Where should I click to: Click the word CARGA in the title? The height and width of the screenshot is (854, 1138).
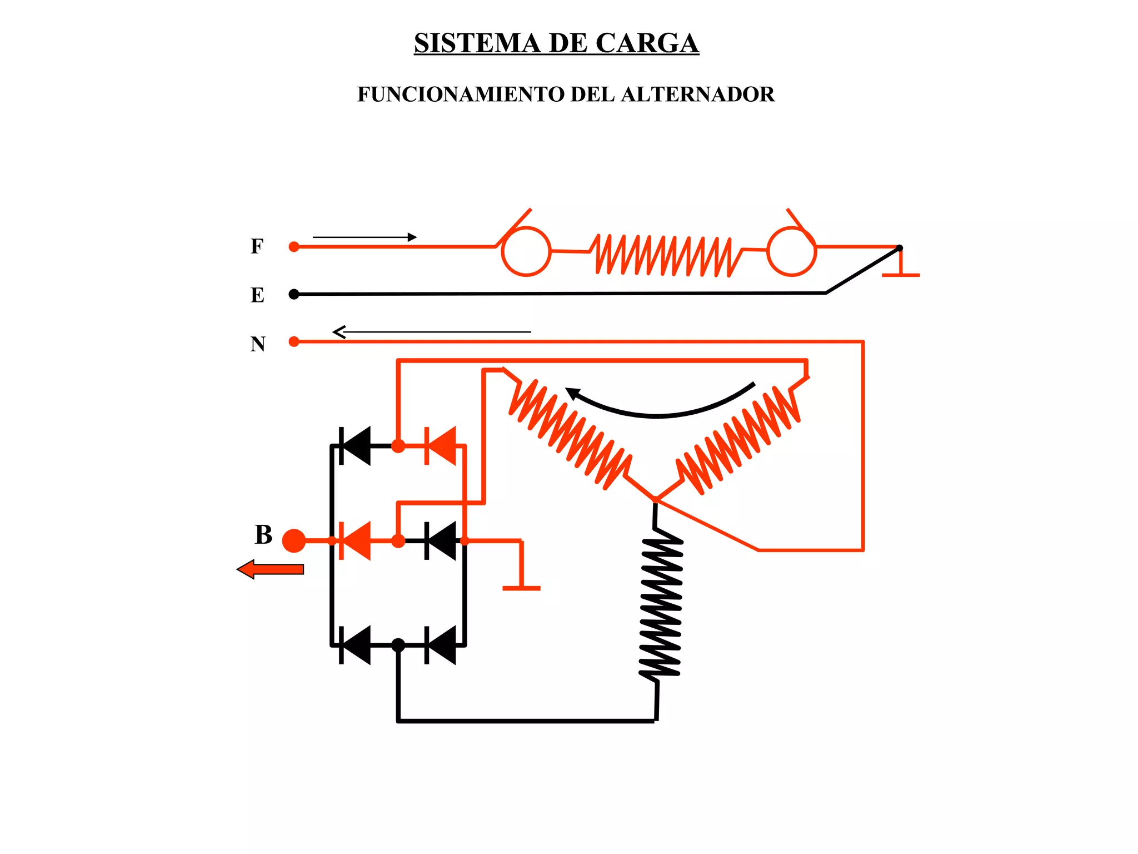pyautogui.click(x=647, y=43)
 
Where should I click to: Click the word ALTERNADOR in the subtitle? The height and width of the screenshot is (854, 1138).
pyautogui.click(x=697, y=95)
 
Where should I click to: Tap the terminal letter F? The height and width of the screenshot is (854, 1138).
pyautogui.click(x=256, y=246)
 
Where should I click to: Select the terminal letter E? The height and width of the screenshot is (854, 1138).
pyautogui.click(x=257, y=295)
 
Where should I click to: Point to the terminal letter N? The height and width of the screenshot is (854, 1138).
pyautogui.click(x=258, y=344)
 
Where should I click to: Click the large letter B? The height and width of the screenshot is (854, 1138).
pyautogui.click(x=263, y=535)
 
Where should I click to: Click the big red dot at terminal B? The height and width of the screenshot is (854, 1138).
pyautogui.click(x=294, y=540)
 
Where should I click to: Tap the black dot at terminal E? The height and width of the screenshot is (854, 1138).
pyautogui.click(x=294, y=294)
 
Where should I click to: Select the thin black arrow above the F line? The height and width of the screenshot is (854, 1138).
pyautogui.click(x=364, y=237)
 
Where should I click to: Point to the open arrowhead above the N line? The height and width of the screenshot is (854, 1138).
pyautogui.click(x=339, y=332)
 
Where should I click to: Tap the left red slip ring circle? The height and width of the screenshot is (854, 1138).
pyautogui.click(x=526, y=251)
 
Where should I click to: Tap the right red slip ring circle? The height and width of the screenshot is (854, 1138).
pyautogui.click(x=791, y=251)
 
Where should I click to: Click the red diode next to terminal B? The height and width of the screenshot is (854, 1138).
pyautogui.click(x=355, y=540)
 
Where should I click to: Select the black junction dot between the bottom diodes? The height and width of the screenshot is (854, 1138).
pyautogui.click(x=398, y=645)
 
